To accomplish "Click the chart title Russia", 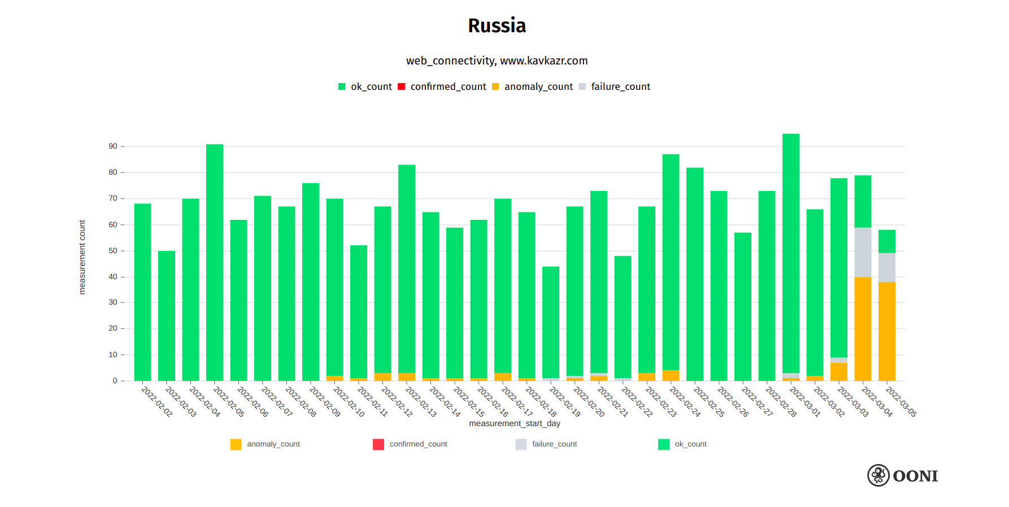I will coord(497,25).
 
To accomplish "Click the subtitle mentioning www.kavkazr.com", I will coord(497,60).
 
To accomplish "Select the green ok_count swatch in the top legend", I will coord(342,86).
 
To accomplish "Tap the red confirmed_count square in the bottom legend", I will coord(379,444).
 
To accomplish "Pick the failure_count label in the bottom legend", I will coord(554,444).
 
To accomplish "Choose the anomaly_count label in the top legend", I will coord(538,86).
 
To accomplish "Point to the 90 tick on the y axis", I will coord(113,146).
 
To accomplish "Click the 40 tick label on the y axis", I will coord(113,277).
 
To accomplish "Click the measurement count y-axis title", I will coord(82,257).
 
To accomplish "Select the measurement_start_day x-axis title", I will coord(514,423).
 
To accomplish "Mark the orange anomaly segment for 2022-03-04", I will coord(863,328).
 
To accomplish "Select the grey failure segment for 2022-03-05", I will coord(887,267).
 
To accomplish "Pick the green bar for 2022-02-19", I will coord(551,322).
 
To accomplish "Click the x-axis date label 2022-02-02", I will coord(156,402).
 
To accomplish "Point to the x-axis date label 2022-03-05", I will coord(901,402).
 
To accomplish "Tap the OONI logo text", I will coord(915,476).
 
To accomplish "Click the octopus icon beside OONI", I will coord(878,475).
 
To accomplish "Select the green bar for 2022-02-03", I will coord(167,317).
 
